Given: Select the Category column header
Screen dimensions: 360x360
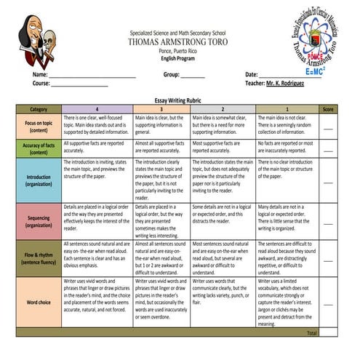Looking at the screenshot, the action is point(39,108).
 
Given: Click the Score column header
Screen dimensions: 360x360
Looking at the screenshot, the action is point(329,108).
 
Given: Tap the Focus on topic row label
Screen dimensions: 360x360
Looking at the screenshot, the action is point(39,127).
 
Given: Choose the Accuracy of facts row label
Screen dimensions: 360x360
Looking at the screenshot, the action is point(39,148).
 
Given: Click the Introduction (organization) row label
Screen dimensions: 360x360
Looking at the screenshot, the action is point(39,180).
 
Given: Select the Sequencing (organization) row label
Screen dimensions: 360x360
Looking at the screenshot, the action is point(39,221).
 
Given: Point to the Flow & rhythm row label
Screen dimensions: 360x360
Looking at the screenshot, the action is point(39,257).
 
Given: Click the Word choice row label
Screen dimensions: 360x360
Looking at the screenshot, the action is point(39,301).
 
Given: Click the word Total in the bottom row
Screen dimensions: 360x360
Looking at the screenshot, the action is point(311,332).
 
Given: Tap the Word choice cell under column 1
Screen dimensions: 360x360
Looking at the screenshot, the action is point(287,301).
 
